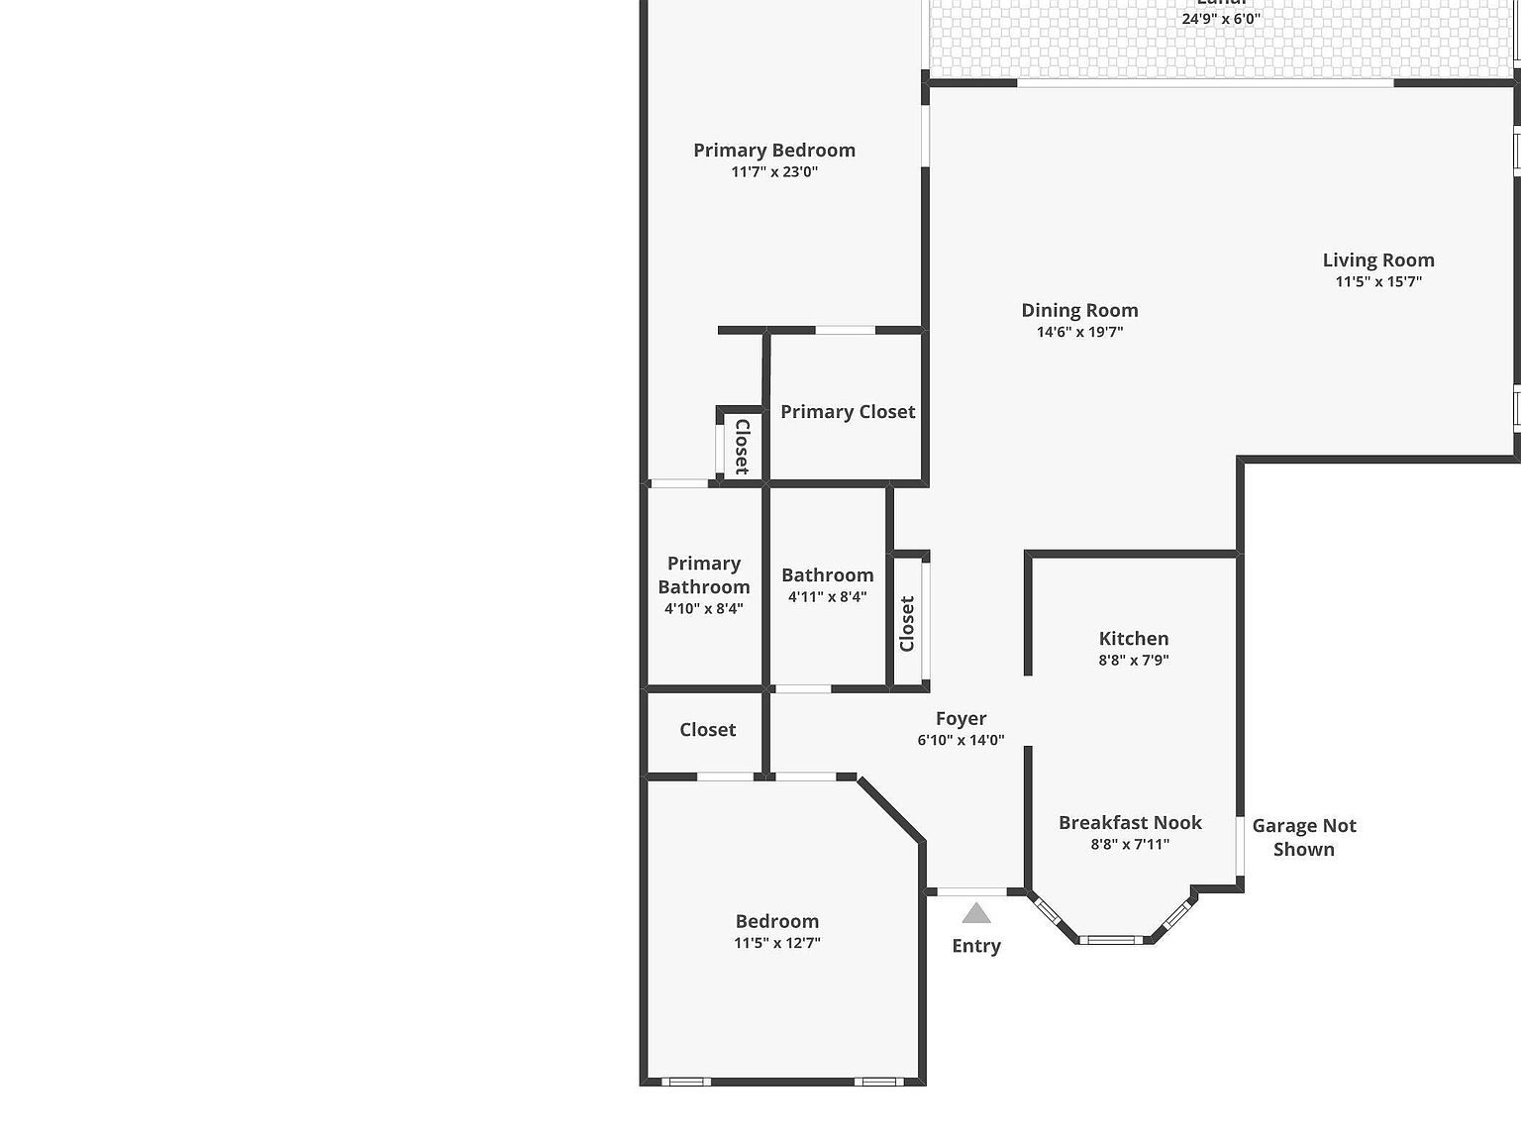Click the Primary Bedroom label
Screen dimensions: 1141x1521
coord(773,151)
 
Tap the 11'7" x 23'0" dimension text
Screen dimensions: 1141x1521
coord(774,172)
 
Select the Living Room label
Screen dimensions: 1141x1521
coord(1377,260)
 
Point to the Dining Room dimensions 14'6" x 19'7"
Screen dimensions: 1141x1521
coord(1079,332)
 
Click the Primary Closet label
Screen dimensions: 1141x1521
coord(848,412)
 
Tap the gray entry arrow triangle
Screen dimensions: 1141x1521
coord(976,913)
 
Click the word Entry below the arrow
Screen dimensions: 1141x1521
coord(976,946)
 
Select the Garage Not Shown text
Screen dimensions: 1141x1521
coord(1303,837)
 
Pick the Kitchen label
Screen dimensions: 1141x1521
coord(1133,639)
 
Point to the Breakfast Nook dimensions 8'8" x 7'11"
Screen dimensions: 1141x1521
coord(1130,845)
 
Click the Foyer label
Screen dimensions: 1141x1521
coord(961,719)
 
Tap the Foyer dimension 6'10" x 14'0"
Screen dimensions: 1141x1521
coord(961,740)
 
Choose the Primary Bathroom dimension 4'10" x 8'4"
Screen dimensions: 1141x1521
coord(703,609)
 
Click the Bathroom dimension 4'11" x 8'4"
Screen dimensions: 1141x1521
coord(827,597)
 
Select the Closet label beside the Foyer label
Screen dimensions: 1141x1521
coord(707,730)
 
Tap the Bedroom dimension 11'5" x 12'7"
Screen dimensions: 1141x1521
coord(776,943)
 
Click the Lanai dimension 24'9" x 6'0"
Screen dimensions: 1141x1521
coord(1221,19)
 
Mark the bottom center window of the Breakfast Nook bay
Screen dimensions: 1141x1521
coord(1110,939)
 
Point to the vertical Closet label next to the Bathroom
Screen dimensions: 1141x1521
coord(907,624)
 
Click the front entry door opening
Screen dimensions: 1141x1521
coord(971,892)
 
